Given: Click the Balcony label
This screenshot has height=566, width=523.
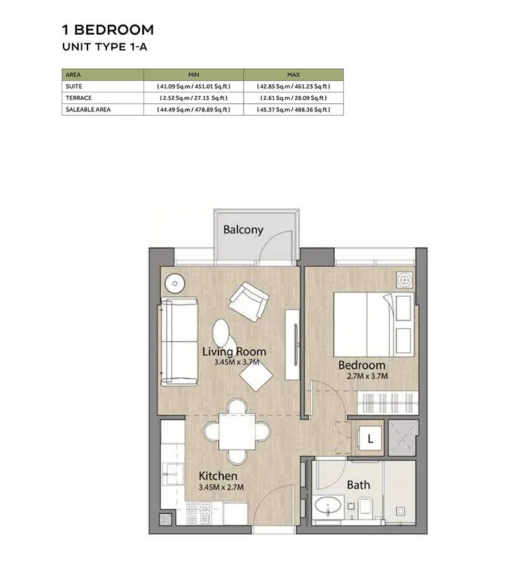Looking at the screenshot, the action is pyautogui.click(x=243, y=230).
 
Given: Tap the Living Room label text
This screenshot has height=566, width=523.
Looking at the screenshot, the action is pyautogui.click(x=234, y=351).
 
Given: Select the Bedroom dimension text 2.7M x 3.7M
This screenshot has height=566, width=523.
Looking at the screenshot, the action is pyautogui.click(x=368, y=376).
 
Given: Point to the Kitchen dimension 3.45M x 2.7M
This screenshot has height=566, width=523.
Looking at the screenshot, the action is pyautogui.click(x=221, y=487).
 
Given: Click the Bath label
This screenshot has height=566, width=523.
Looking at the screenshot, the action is pyautogui.click(x=358, y=485).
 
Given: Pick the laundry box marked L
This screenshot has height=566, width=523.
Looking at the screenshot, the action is pyautogui.click(x=370, y=438).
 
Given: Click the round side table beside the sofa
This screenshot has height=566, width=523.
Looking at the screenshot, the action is pyautogui.click(x=175, y=284).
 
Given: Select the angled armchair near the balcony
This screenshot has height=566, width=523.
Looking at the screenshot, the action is pyautogui.click(x=249, y=301).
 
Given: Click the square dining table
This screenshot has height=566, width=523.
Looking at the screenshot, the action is pyautogui.click(x=237, y=431).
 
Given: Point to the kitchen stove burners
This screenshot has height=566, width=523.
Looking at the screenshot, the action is pyautogui.click(x=199, y=514).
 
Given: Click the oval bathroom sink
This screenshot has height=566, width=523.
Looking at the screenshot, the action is pyautogui.click(x=328, y=506).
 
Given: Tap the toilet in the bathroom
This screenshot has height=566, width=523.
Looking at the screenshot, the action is pyautogui.click(x=366, y=506).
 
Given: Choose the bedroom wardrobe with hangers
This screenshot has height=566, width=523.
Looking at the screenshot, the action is pyautogui.click(x=388, y=403).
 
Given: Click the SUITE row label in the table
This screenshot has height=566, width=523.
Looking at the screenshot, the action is pyautogui.click(x=74, y=86).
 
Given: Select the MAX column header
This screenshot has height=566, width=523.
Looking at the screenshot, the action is pyautogui.click(x=293, y=75).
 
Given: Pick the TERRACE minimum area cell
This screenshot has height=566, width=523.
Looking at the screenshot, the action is pyautogui.click(x=194, y=98).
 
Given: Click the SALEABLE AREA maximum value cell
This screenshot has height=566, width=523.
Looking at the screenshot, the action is pyautogui.click(x=293, y=109).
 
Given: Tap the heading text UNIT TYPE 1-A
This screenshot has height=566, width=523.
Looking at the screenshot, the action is pyautogui.click(x=104, y=47).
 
